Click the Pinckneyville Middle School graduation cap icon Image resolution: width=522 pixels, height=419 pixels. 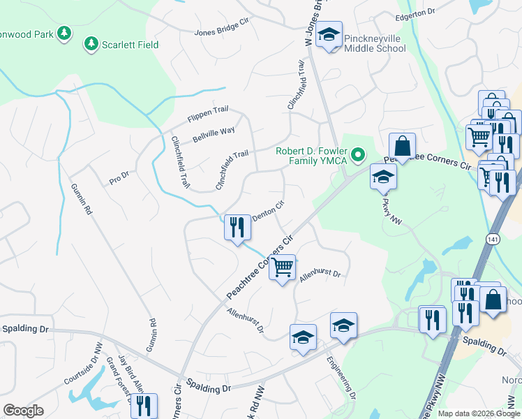pyautogui.click(x=329, y=34)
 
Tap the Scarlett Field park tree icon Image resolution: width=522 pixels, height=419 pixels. pyautogui.click(x=91, y=45)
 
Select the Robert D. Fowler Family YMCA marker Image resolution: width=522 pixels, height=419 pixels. pyautogui.click(x=359, y=154)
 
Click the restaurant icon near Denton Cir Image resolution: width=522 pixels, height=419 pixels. pyautogui.click(x=237, y=227)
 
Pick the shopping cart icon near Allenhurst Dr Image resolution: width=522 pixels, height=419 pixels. pyautogui.click(x=283, y=267)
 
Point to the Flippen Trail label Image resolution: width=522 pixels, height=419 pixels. pyautogui.click(x=208, y=119)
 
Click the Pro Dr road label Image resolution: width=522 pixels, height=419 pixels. pyautogui.click(x=119, y=179)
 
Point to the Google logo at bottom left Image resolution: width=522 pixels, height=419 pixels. pyautogui.click(x=23, y=411)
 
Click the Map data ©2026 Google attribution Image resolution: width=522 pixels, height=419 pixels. pyautogui.click(x=479, y=413)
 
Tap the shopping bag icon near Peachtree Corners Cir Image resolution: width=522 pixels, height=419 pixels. pyautogui.click(x=402, y=147)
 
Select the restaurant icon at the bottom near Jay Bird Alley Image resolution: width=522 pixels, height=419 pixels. pyautogui.click(x=144, y=405)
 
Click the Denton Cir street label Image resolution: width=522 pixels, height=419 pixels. pyautogui.click(x=269, y=211)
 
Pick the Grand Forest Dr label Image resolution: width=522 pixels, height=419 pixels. pyautogui.click(x=118, y=381)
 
